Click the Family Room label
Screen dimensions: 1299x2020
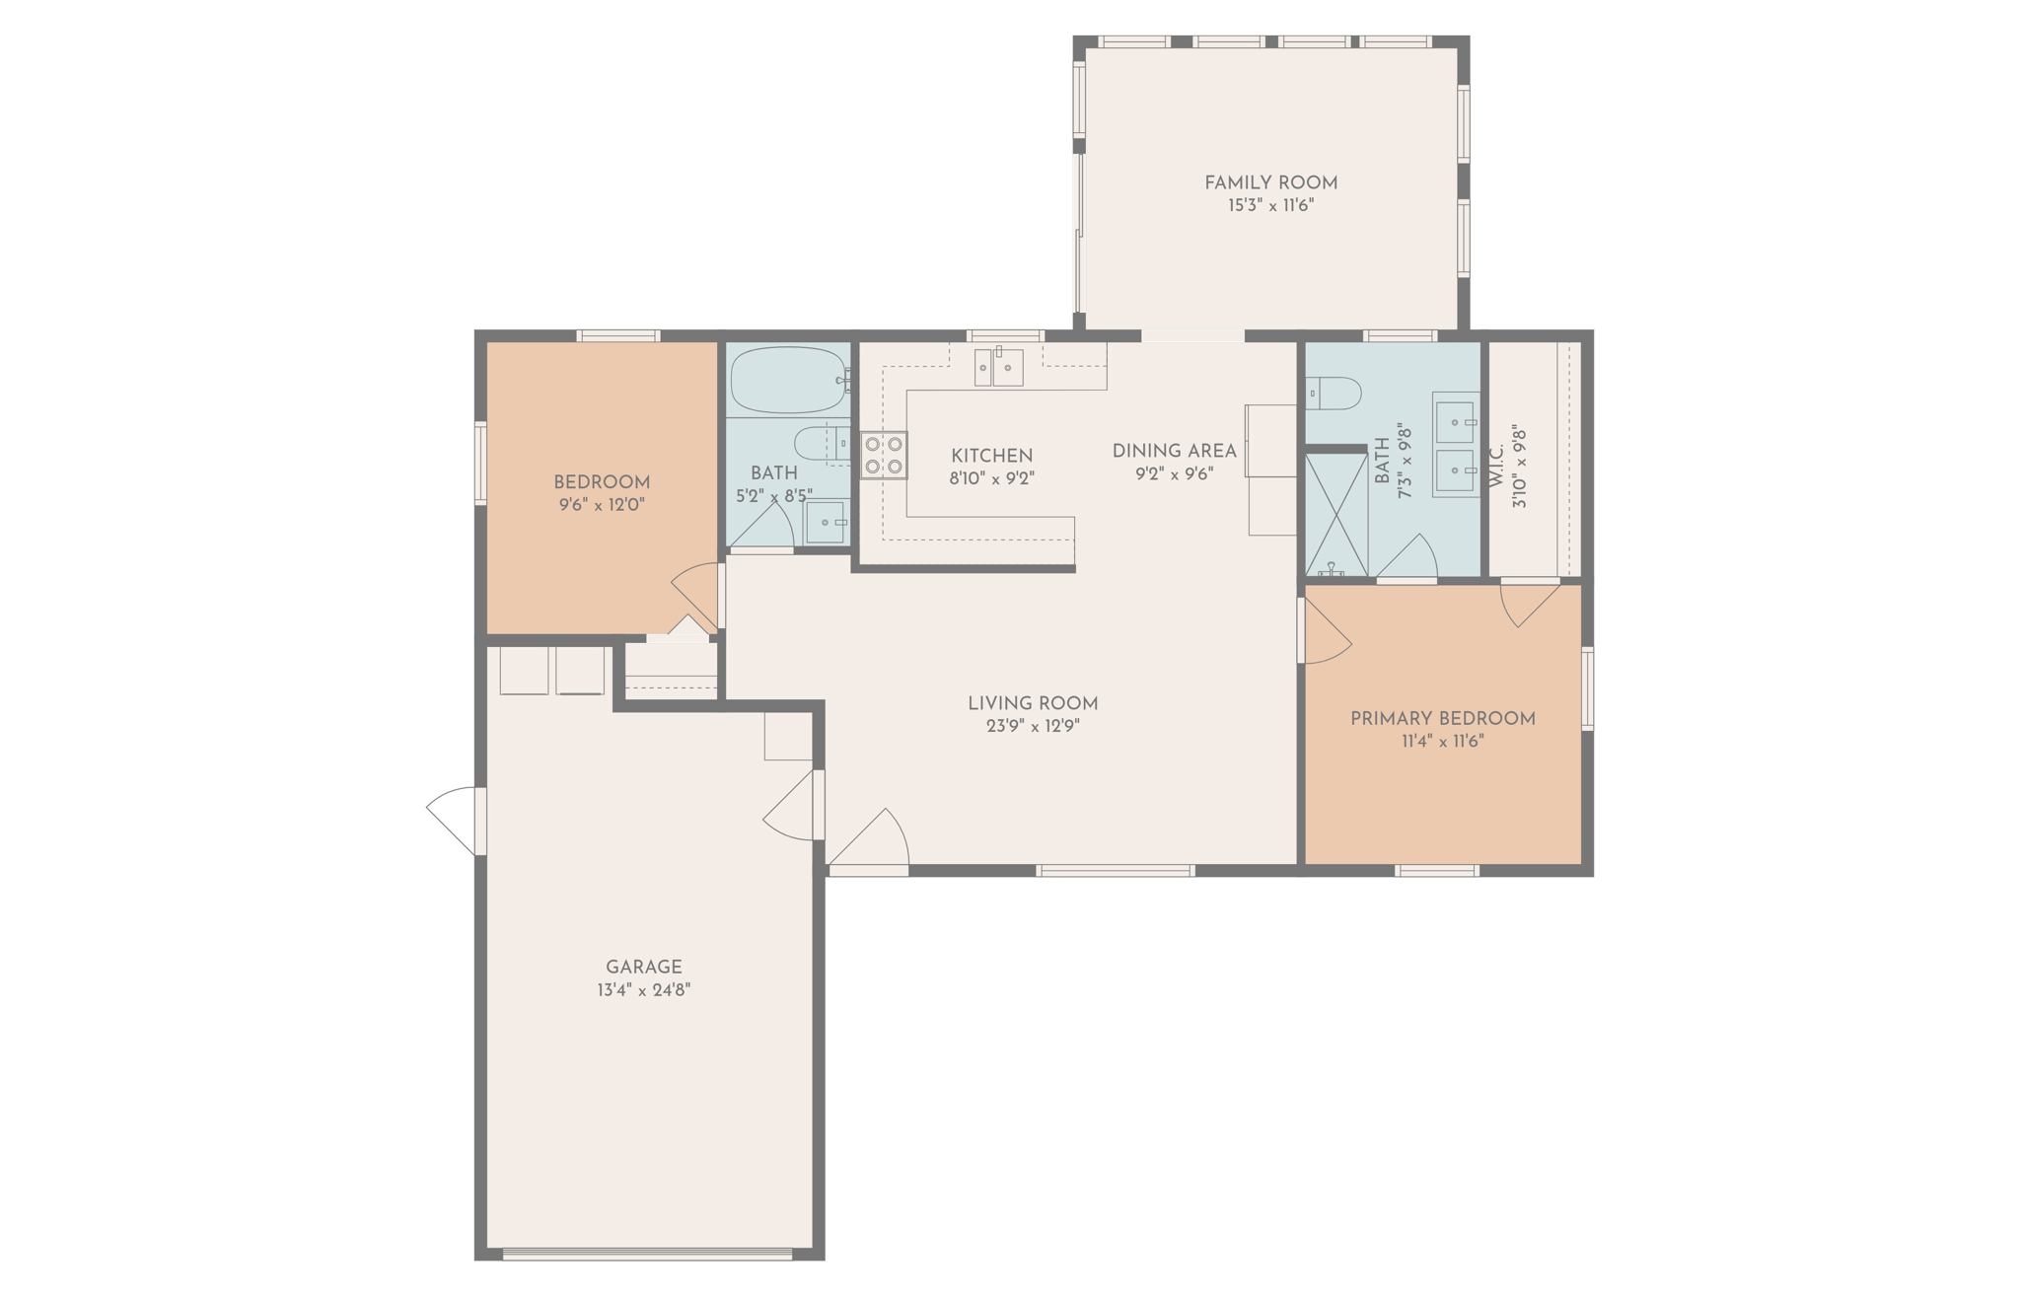tap(1270, 182)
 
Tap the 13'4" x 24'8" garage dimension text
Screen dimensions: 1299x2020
tap(643, 990)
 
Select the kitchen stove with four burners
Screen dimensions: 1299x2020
tap(884, 455)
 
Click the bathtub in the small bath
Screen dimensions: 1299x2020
tap(787, 380)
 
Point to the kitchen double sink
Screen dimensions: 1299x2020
tap(998, 367)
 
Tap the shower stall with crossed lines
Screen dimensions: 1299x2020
tap(1335, 514)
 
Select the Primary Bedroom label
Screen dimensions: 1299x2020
tap(1442, 719)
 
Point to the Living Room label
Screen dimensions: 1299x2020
tap(1032, 703)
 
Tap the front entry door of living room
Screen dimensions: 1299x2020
tap(870, 843)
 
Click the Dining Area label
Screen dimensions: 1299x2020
tap(1174, 451)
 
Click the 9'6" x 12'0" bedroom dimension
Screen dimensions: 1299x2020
tap(601, 505)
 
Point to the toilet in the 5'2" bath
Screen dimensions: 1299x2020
tap(822, 444)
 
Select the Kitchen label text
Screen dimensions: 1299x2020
tap(991, 456)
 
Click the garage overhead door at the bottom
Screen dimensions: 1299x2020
tap(647, 1255)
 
